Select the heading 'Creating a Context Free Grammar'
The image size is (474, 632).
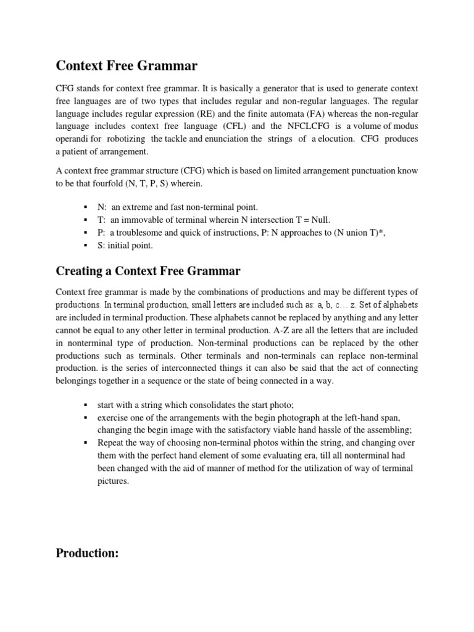[148, 271]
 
